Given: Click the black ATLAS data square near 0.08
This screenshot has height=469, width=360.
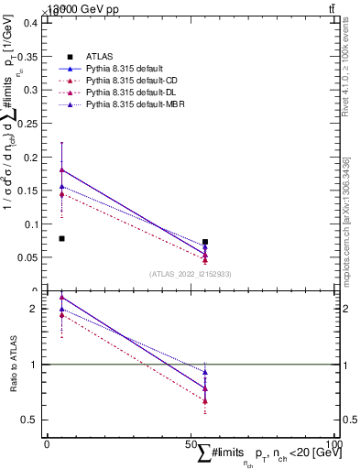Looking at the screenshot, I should (61, 239).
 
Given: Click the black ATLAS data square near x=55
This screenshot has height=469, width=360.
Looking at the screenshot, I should (205, 242).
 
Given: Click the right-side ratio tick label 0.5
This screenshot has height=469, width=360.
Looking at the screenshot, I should (348, 420).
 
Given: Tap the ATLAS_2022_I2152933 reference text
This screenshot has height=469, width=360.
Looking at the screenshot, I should (191, 274).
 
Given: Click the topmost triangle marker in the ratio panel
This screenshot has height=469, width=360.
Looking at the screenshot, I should (61, 297).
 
